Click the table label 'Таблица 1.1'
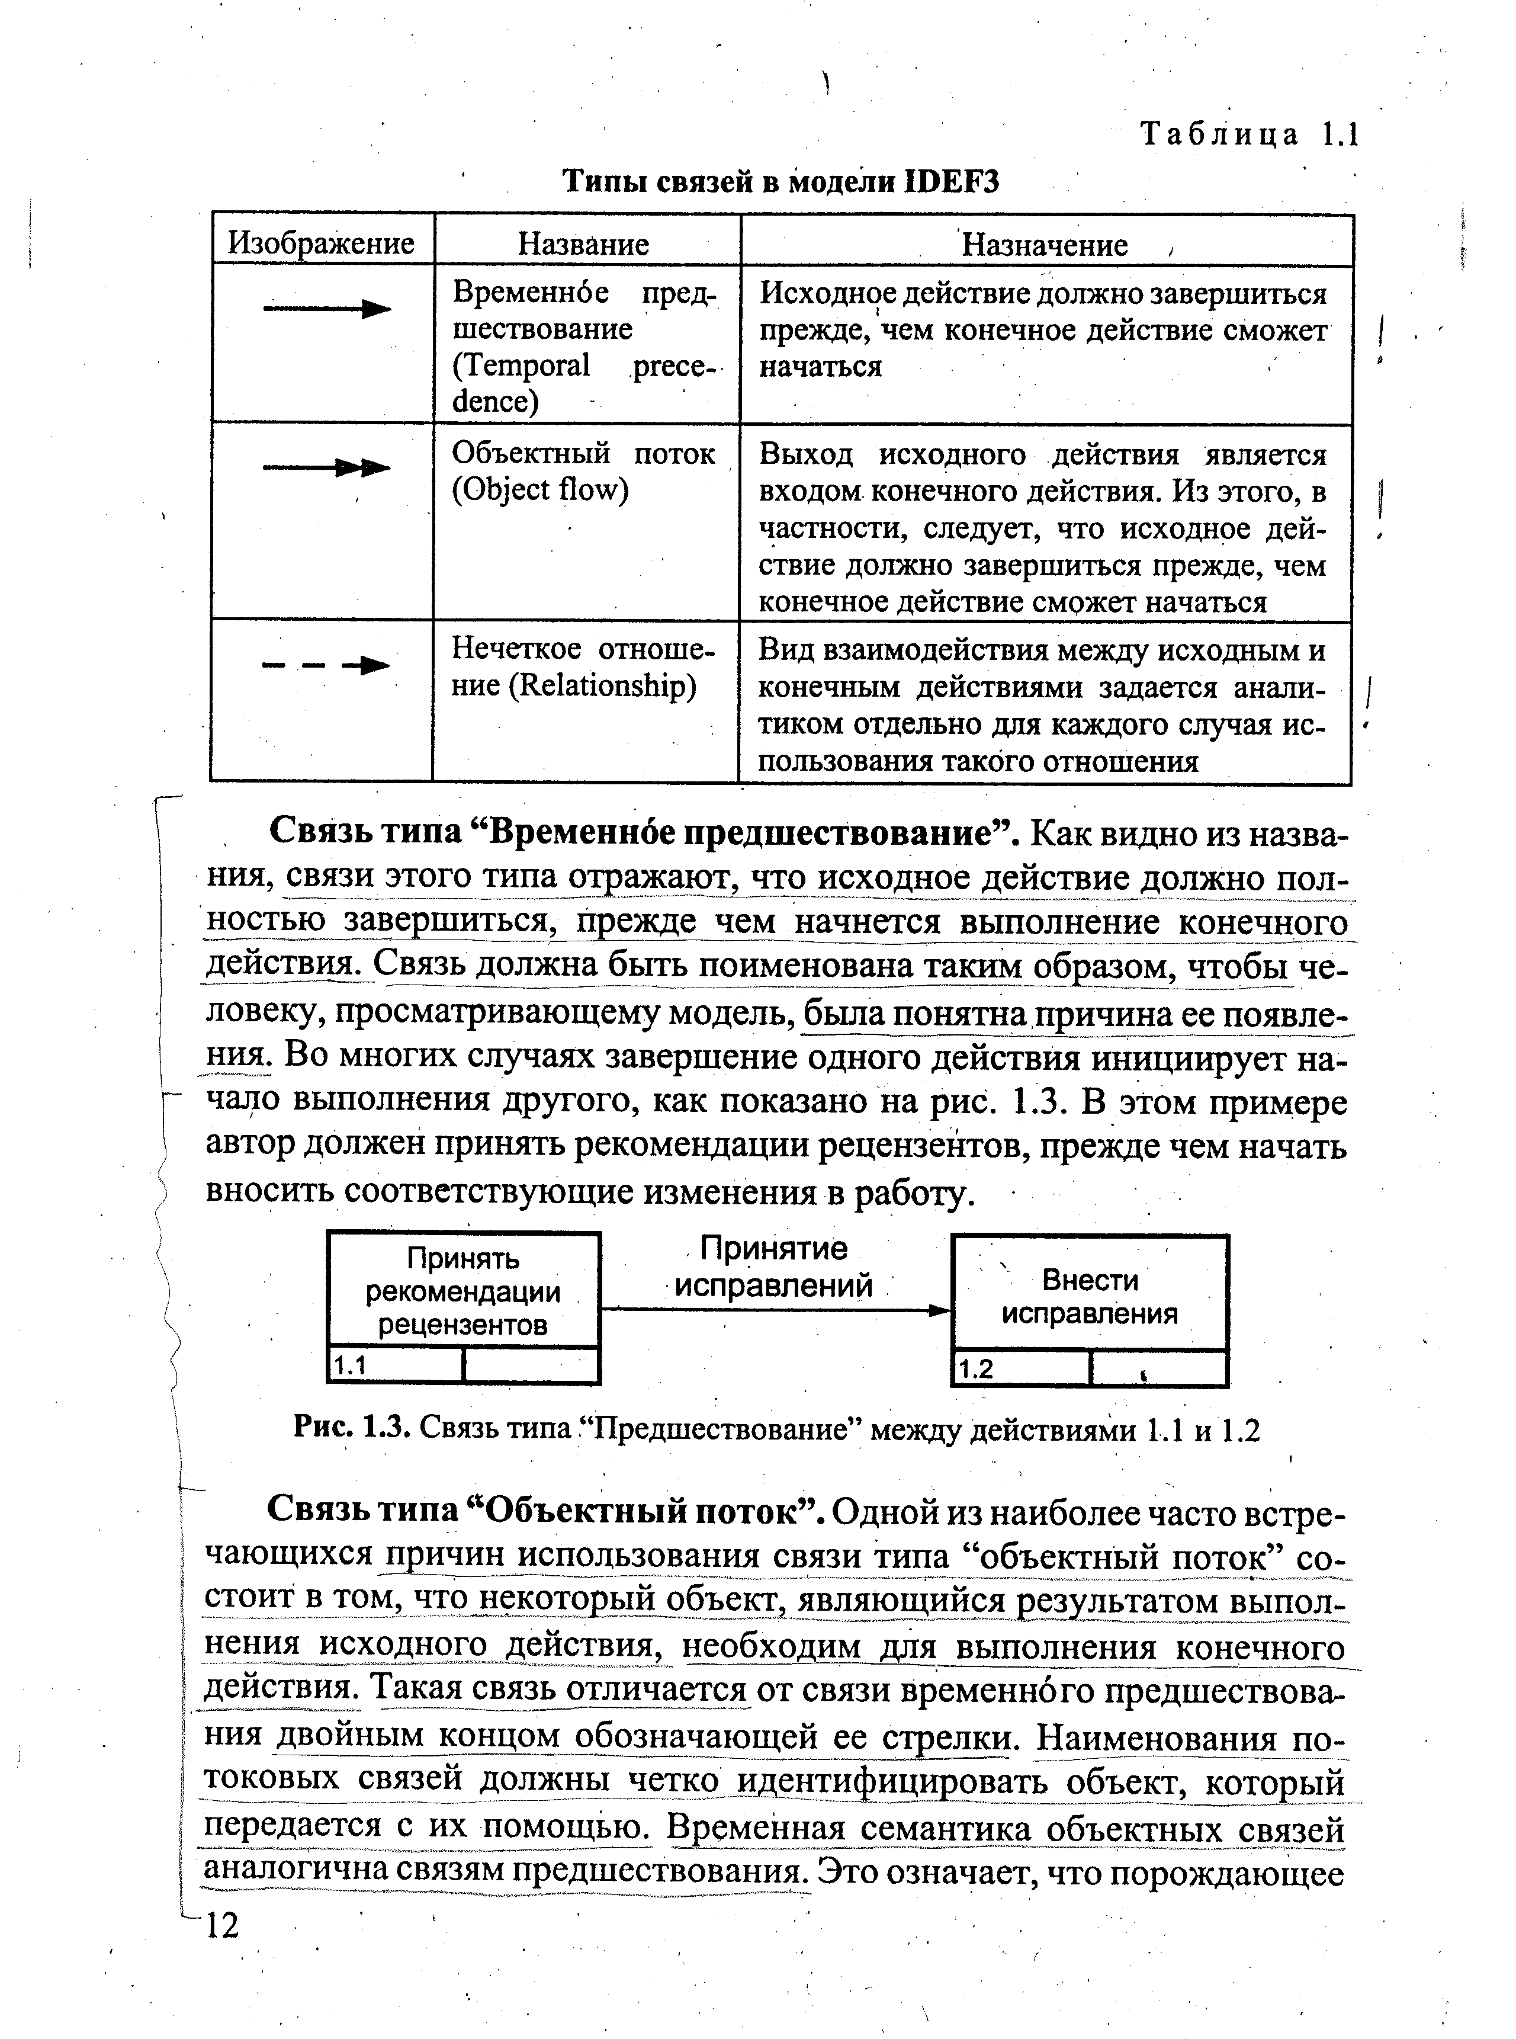[1248, 135]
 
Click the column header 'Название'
[584, 244]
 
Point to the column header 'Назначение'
[1044, 246]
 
